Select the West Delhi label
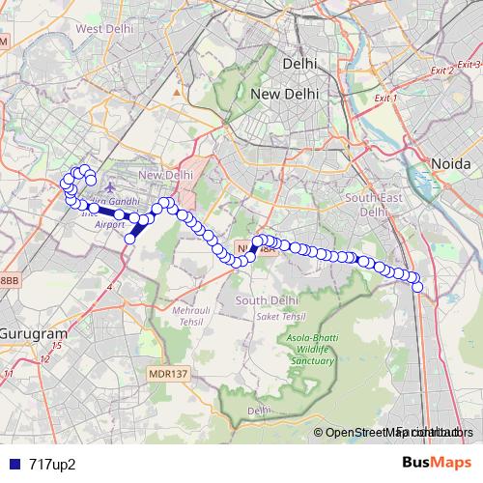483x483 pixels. coord(103,29)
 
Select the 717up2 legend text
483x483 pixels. coord(52,463)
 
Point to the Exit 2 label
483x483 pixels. coord(442,71)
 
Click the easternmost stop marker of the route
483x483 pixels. coord(418,286)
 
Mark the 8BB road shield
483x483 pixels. coord(8,280)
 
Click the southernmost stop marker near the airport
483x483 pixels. coord(130,239)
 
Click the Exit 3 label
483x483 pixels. coord(469,64)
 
